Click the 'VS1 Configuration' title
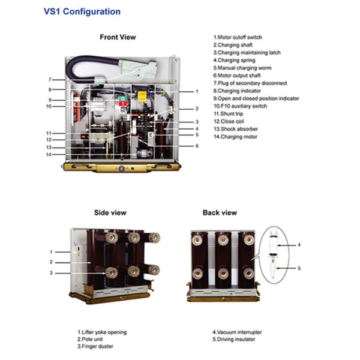click(x=82, y=11)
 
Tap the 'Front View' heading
click(x=118, y=37)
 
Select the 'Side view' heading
click(x=110, y=212)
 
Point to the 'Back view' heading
click(x=220, y=212)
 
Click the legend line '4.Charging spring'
click(x=234, y=60)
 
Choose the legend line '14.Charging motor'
click(x=235, y=137)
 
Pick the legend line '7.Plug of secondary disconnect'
click(x=250, y=83)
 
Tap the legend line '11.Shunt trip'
click(x=228, y=113)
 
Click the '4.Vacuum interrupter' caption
click(x=237, y=332)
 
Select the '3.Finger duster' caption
click(x=95, y=346)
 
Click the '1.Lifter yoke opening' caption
click(x=102, y=332)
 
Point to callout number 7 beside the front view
click(x=50, y=79)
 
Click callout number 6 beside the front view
click(x=197, y=146)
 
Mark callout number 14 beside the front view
click(x=49, y=155)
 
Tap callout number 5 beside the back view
click(x=299, y=268)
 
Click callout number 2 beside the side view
click(x=51, y=262)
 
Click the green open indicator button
click(x=122, y=99)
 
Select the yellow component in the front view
click(x=142, y=96)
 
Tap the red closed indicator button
click(x=123, y=104)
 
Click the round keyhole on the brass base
click(x=122, y=169)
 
